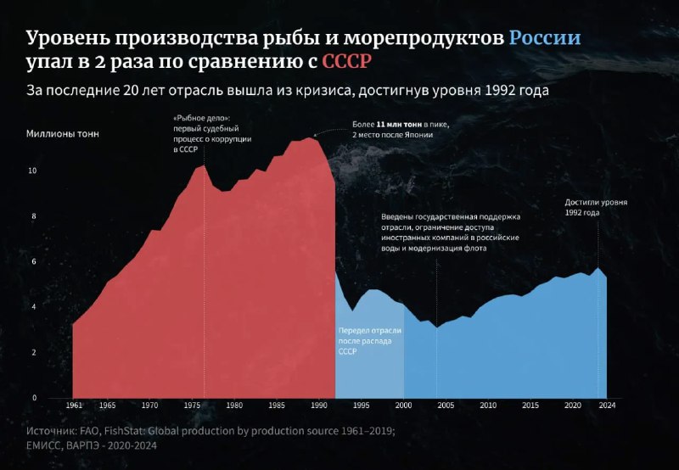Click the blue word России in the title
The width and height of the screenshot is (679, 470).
tap(545, 39)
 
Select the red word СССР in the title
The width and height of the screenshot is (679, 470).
tap(347, 62)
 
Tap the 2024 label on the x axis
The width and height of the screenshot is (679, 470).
tap(607, 406)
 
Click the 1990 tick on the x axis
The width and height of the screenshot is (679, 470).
tap(319, 406)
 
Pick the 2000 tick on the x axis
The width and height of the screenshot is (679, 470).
tap(404, 406)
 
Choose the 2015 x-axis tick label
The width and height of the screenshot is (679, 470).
tap(530, 406)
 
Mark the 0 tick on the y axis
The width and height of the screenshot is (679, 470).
tap(34, 397)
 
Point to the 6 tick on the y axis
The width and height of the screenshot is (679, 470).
tap(34, 261)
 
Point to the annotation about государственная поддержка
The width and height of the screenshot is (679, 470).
tap(451, 233)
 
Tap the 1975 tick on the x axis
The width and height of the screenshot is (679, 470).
tap(194, 406)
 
